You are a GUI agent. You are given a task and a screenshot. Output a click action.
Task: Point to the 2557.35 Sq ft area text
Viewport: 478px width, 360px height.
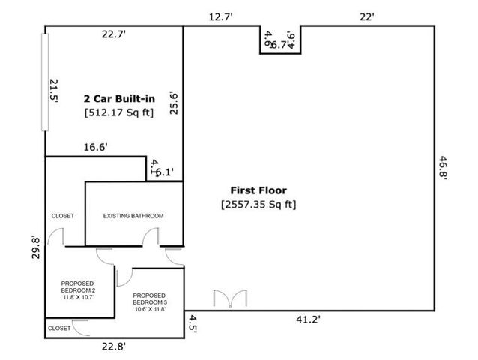pos(258,204)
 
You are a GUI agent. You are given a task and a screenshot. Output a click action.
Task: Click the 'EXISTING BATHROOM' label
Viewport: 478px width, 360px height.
pos(133,216)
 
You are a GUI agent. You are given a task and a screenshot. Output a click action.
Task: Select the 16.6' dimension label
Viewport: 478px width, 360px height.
pos(96,148)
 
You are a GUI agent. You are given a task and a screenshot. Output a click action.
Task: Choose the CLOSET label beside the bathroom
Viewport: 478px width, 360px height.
pos(62,216)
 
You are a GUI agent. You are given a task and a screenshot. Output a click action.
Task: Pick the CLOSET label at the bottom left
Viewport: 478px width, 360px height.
pos(59,328)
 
